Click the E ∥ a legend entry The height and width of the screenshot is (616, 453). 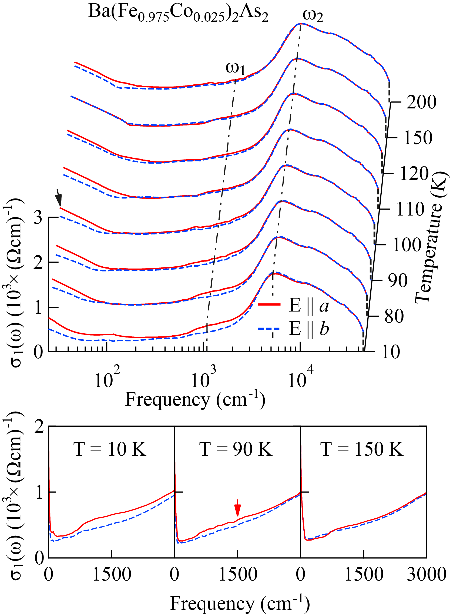coord(293,305)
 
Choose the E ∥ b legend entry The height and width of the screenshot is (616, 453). coord(293,328)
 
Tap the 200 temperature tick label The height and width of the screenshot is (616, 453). coord(421,102)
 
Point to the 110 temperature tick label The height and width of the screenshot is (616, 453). coord(410,209)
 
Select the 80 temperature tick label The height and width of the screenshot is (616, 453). coord(394,316)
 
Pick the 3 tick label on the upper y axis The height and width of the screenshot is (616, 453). coord(38,217)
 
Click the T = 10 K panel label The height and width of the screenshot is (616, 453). coord(110,449)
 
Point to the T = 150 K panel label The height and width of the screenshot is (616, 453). coord(362,449)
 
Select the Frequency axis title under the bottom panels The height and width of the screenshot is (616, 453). coord(240,604)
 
